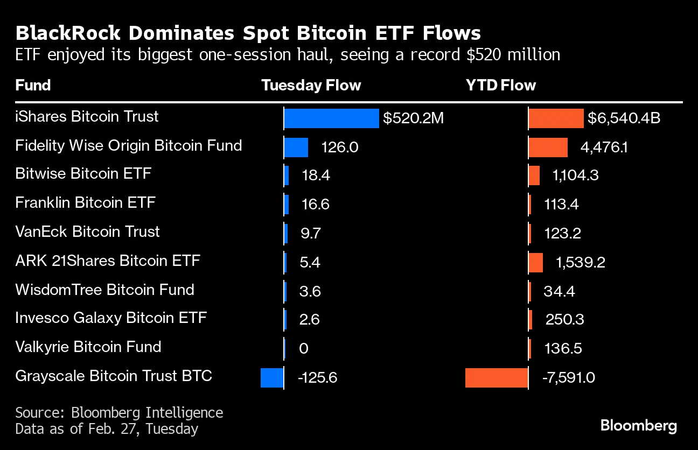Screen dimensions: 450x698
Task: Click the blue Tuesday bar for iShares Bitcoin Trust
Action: (331, 118)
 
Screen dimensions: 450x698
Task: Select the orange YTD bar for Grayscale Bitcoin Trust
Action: (496, 377)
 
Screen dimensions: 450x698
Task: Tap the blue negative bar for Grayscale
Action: (272, 377)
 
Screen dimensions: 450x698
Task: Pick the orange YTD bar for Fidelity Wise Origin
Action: (548, 147)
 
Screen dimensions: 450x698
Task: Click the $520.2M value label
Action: (413, 118)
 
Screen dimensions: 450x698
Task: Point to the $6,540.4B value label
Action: (624, 118)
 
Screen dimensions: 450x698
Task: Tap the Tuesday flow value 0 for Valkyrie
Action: (303, 349)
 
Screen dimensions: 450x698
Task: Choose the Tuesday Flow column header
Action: (311, 86)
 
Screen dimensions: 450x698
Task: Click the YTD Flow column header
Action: (500, 86)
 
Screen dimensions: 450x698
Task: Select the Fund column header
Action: (33, 86)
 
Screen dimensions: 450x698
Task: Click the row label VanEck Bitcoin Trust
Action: (87, 232)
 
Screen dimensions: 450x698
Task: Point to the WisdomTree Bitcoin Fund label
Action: (104, 290)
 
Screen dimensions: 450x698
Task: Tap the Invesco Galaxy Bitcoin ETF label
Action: (111, 318)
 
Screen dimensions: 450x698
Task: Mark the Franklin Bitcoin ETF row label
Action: (85, 203)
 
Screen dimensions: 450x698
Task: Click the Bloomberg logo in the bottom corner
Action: (639, 426)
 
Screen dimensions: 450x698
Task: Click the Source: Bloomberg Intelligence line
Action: (119, 413)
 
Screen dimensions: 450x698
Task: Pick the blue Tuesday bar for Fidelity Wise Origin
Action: (296, 147)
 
